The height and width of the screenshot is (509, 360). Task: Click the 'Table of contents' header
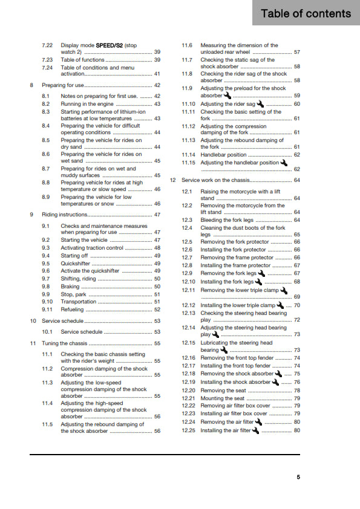pos(306,13)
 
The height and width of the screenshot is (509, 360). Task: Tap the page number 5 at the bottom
pos(298,477)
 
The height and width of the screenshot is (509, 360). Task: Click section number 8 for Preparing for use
pos(31,85)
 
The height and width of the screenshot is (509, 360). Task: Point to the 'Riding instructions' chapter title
pos(65,215)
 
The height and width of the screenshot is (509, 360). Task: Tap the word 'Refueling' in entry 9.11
pos(73,310)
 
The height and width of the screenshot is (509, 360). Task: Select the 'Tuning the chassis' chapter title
pos(65,343)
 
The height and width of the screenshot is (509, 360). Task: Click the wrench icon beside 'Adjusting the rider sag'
pos(261,103)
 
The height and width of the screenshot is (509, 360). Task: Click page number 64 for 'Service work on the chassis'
pos(296,180)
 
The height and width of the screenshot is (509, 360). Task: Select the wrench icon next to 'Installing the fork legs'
pos(259,281)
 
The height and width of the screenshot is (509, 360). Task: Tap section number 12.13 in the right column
pos(189,313)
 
